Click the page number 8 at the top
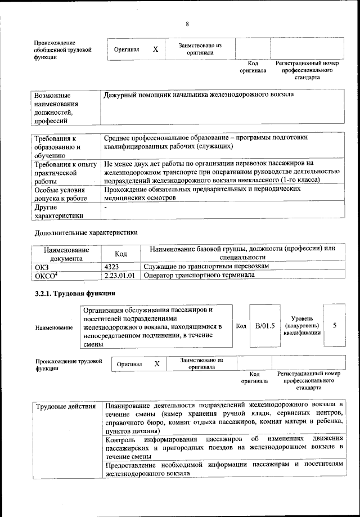[187, 23]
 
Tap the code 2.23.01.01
[119, 275]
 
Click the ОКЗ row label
[42, 266]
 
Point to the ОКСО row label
[47, 275]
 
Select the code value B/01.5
[264, 326]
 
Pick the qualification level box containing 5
[335, 326]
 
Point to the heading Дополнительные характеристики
[85, 232]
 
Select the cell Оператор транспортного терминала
[199, 275]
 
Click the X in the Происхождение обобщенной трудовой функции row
[155, 50]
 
